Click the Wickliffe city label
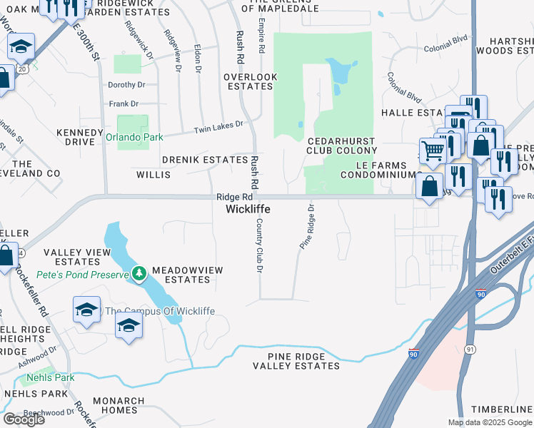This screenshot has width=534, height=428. (247, 209)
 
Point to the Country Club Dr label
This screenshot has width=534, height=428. (260, 245)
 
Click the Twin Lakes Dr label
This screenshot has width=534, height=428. (220, 127)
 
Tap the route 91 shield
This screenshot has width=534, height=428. (469, 348)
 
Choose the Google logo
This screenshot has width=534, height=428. (24, 419)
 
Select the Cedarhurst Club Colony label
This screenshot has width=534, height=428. (341, 146)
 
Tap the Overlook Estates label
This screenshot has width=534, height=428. (249, 81)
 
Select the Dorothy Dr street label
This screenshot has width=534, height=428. (126, 84)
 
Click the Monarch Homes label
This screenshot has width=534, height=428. (114, 405)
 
